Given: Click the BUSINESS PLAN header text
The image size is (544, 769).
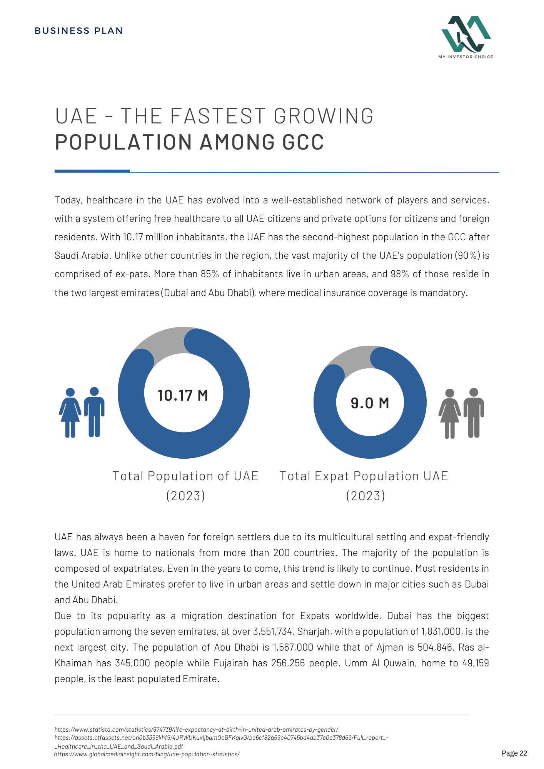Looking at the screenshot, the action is (x=79, y=31).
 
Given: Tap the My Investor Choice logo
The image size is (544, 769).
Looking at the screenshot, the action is (x=466, y=37).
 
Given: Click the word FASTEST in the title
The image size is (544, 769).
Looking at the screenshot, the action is (x=218, y=116).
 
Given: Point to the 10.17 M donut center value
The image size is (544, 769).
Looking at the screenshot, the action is (x=183, y=395).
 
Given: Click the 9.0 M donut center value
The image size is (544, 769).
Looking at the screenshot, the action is (x=370, y=403).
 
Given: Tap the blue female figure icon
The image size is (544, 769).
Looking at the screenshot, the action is (x=70, y=413).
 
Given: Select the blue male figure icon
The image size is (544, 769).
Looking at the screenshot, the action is (x=94, y=412).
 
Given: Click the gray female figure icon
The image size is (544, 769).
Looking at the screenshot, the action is (x=449, y=414).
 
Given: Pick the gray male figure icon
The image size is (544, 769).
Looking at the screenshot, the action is (x=474, y=413).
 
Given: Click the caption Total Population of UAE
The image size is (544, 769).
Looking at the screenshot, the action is (x=185, y=476).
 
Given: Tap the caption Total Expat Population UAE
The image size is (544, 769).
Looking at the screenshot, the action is (x=364, y=476).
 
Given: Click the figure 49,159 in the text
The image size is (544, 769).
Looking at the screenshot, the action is (x=475, y=663).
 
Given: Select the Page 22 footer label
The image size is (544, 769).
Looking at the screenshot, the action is (x=514, y=753).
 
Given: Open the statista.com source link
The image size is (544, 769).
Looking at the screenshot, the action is (x=197, y=729).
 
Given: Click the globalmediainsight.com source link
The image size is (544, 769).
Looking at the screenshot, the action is (x=147, y=754).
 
